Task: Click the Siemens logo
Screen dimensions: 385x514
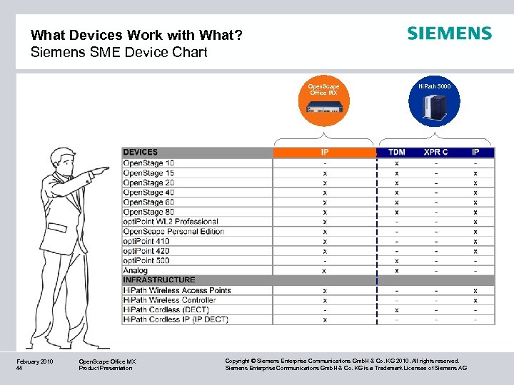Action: tap(449, 34)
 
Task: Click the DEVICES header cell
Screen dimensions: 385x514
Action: tap(141, 152)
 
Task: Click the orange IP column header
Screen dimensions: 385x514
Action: tap(325, 152)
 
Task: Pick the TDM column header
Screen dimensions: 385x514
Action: tap(397, 152)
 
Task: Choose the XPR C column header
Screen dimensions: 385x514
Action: tap(436, 152)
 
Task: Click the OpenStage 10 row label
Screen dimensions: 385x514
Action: tap(148, 163)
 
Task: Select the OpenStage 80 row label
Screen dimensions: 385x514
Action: tap(148, 212)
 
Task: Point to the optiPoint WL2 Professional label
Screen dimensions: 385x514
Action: tap(171, 222)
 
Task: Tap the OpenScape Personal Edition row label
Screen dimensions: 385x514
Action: tap(173, 231)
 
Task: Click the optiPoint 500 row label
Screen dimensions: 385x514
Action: tap(146, 261)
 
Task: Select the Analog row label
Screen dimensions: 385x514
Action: tap(136, 270)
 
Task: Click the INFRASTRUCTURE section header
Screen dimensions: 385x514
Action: tap(158, 280)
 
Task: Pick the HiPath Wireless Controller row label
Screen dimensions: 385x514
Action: tap(169, 300)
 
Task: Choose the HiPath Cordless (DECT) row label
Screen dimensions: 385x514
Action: tap(166, 310)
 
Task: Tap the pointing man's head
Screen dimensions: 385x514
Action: tap(61, 161)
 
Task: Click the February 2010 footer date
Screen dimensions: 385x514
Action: tap(35, 361)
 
